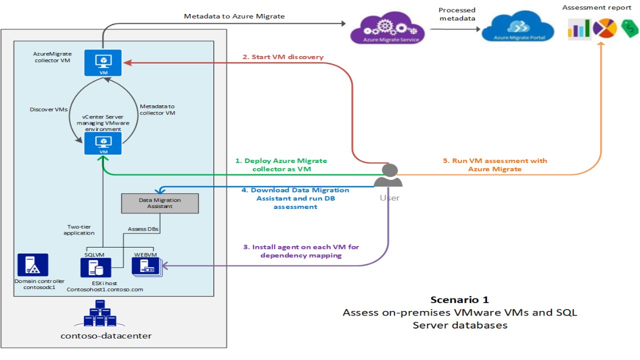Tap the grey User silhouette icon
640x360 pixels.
click(x=389, y=175)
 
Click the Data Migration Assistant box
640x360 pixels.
click(x=160, y=203)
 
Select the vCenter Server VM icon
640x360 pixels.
click(x=104, y=144)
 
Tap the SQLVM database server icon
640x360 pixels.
click(x=92, y=267)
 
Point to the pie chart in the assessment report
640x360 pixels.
click(x=604, y=29)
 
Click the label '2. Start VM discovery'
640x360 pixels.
click(x=283, y=57)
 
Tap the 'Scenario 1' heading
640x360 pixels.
click(x=459, y=300)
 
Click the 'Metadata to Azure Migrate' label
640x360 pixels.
click(x=234, y=16)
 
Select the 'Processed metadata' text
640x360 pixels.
click(x=457, y=14)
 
